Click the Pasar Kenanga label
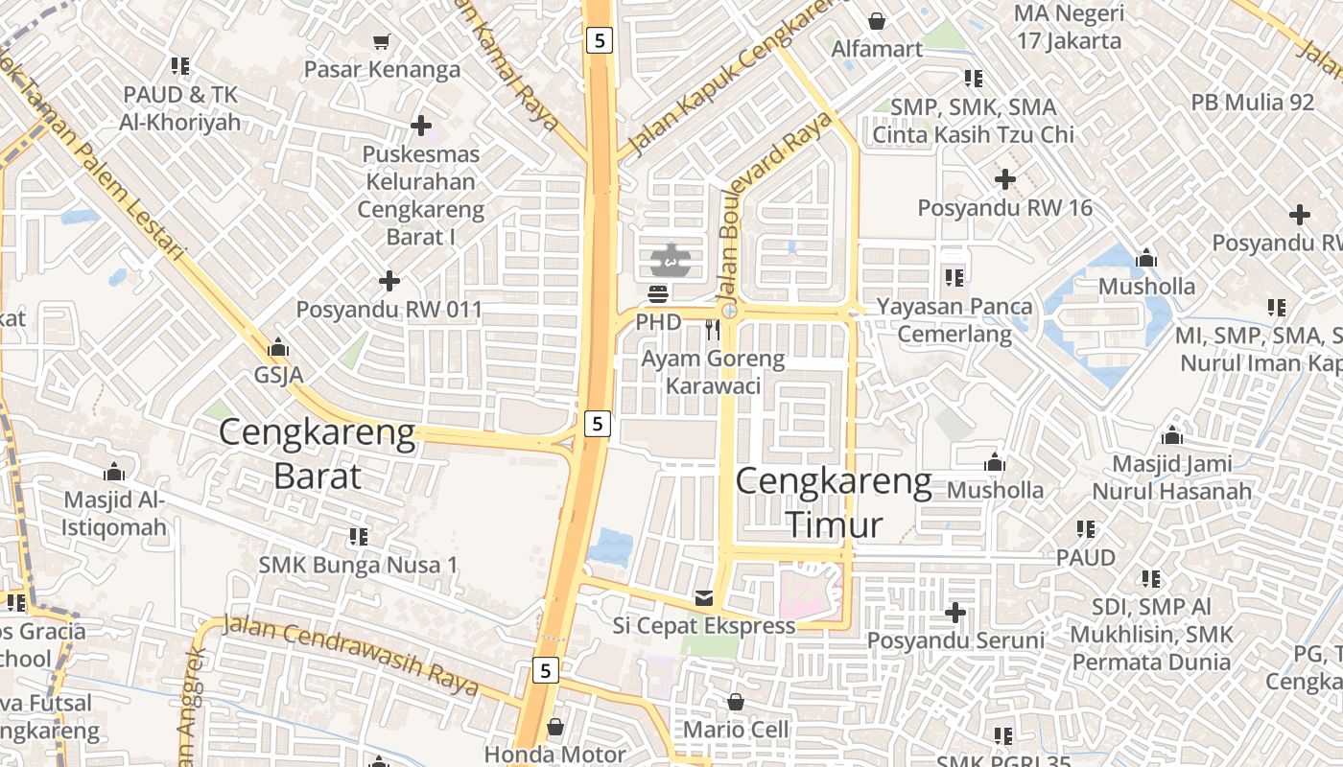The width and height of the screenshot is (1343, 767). pyautogui.click(x=382, y=69)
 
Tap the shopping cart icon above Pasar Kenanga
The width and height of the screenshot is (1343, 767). pyautogui.click(x=382, y=41)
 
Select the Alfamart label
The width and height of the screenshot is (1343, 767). pyautogui.click(x=877, y=49)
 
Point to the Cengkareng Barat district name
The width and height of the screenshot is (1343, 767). pyautogui.click(x=318, y=453)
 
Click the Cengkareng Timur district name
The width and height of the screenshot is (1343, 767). pyautogui.click(x=834, y=503)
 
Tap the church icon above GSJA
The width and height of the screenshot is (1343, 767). pyautogui.click(x=278, y=346)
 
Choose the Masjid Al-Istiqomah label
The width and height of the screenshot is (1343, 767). pyautogui.click(x=115, y=514)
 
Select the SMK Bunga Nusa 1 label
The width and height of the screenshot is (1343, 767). pyautogui.click(x=358, y=565)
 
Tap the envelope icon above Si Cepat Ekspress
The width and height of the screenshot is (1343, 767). pyautogui.click(x=704, y=598)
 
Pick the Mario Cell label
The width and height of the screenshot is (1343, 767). pyautogui.click(x=736, y=730)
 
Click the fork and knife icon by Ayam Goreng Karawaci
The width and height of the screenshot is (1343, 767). pyautogui.click(x=712, y=330)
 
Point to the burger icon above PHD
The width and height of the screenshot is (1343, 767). pyautogui.click(x=658, y=293)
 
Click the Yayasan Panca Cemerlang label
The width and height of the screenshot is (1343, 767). pyautogui.click(x=955, y=320)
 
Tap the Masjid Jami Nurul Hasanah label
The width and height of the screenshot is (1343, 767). pyautogui.click(x=1172, y=477)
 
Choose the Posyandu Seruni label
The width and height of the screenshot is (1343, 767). pyautogui.click(x=955, y=640)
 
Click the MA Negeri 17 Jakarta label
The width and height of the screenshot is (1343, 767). pyautogui.click(x=1069, y=27)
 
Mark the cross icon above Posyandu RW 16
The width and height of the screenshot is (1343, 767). pyautogui.click(x=1004, y=178)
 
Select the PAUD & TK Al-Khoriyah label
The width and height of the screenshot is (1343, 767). pyautogui.click(x=180, y=108)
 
